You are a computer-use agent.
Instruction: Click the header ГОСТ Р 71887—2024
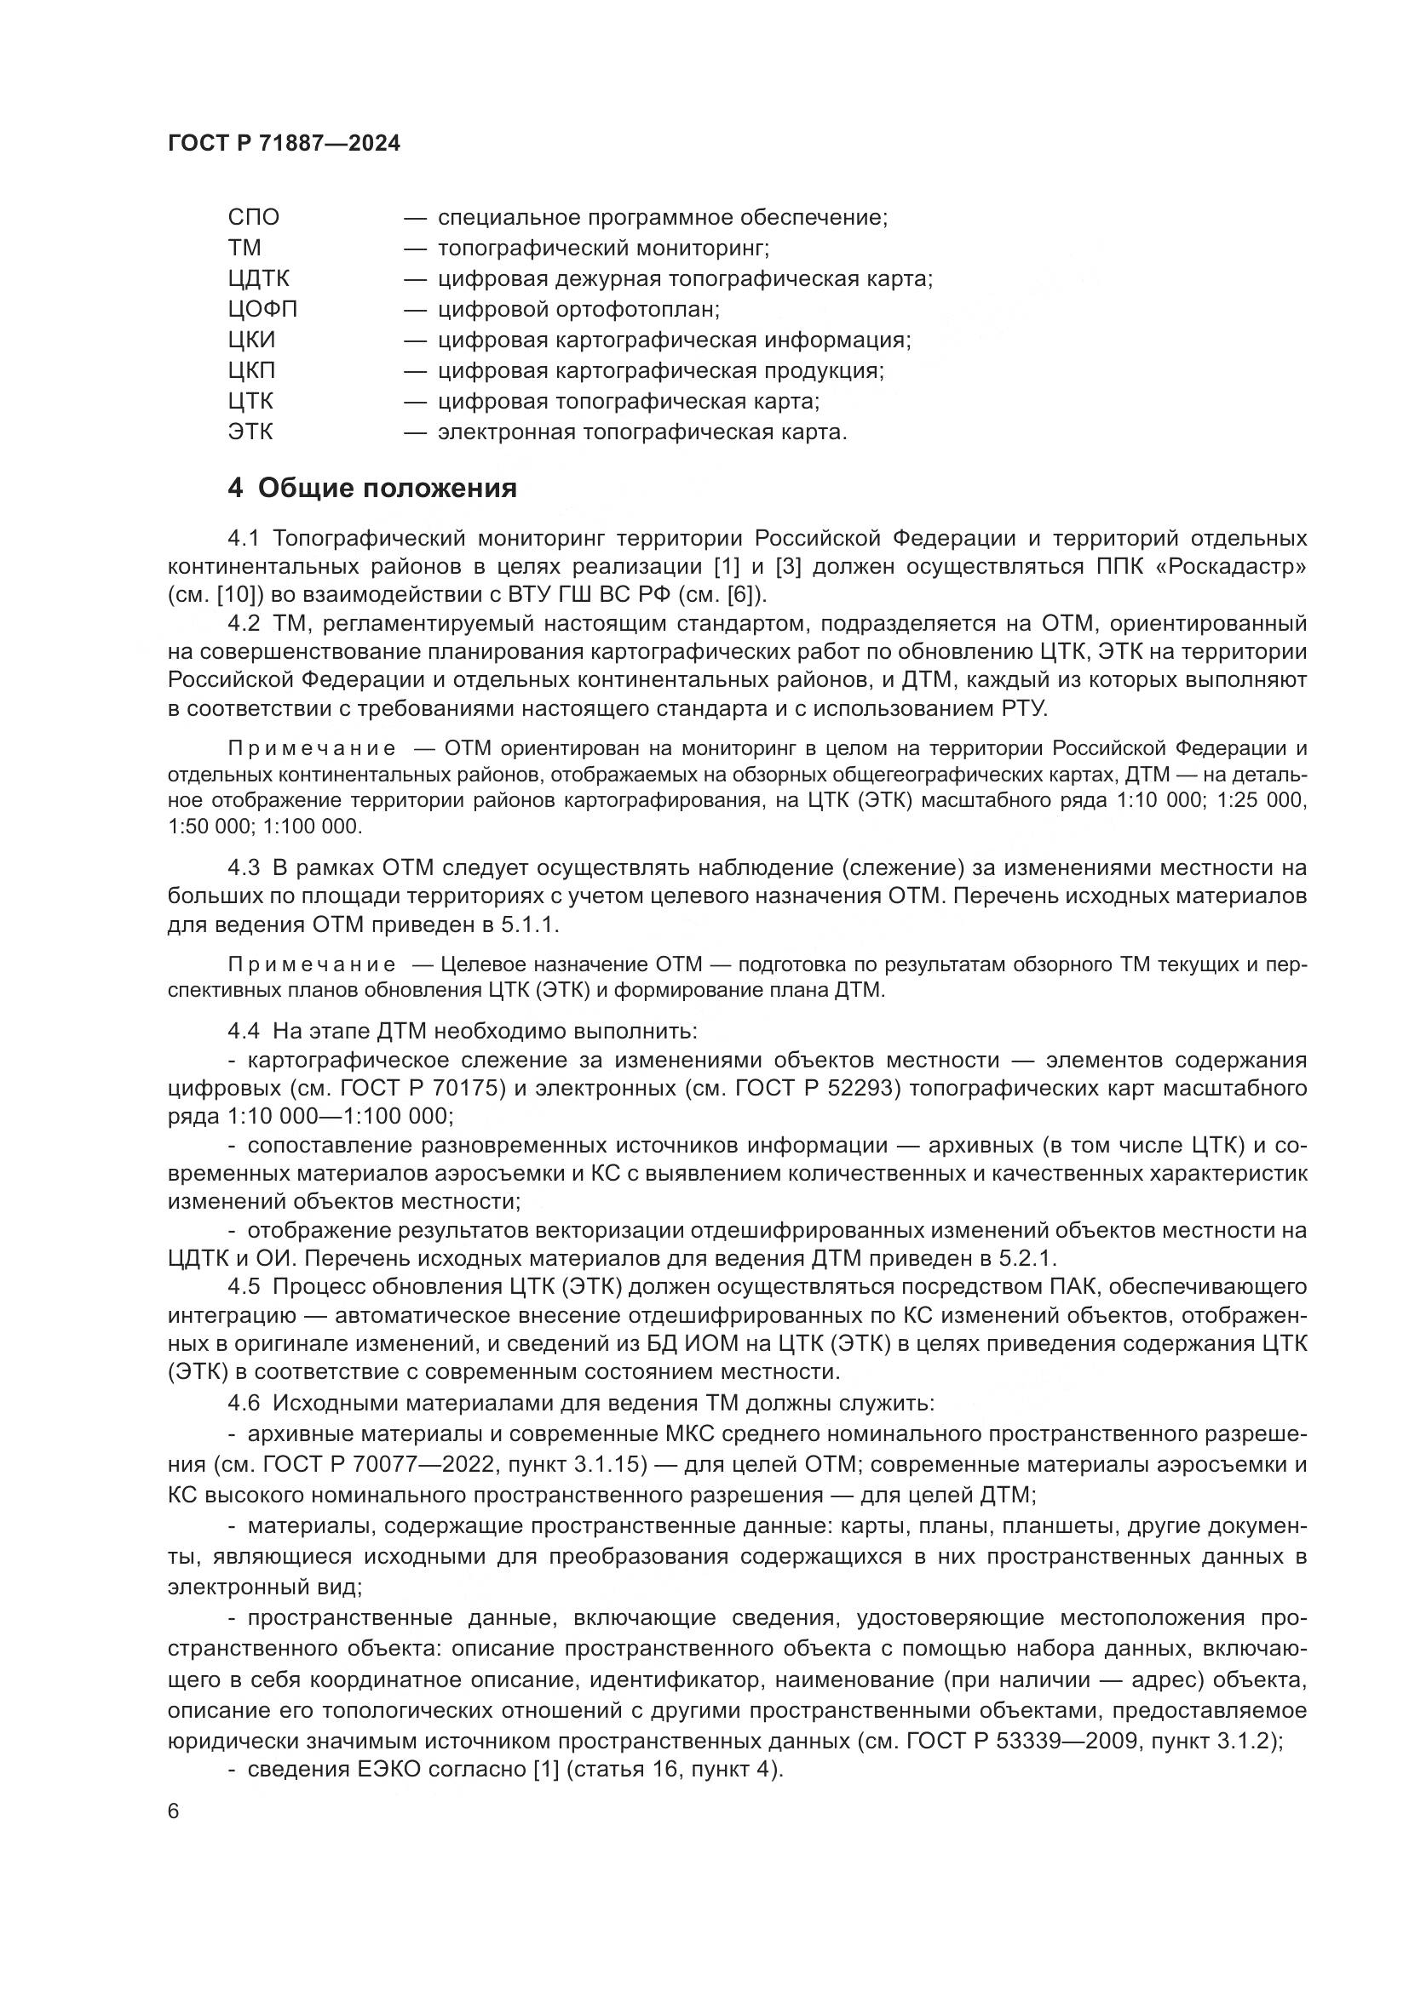(284, 144)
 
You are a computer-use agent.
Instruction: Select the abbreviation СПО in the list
(254, 218)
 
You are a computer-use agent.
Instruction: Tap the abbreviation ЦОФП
(263, 310)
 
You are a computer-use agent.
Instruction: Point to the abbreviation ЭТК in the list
(250, 432)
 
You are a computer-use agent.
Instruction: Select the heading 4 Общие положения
(372, 489)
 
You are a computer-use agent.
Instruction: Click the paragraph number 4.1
(244, 539)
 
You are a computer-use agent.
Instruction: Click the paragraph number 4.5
(244, 1287)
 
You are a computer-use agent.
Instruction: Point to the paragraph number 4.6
(244, 1403)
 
